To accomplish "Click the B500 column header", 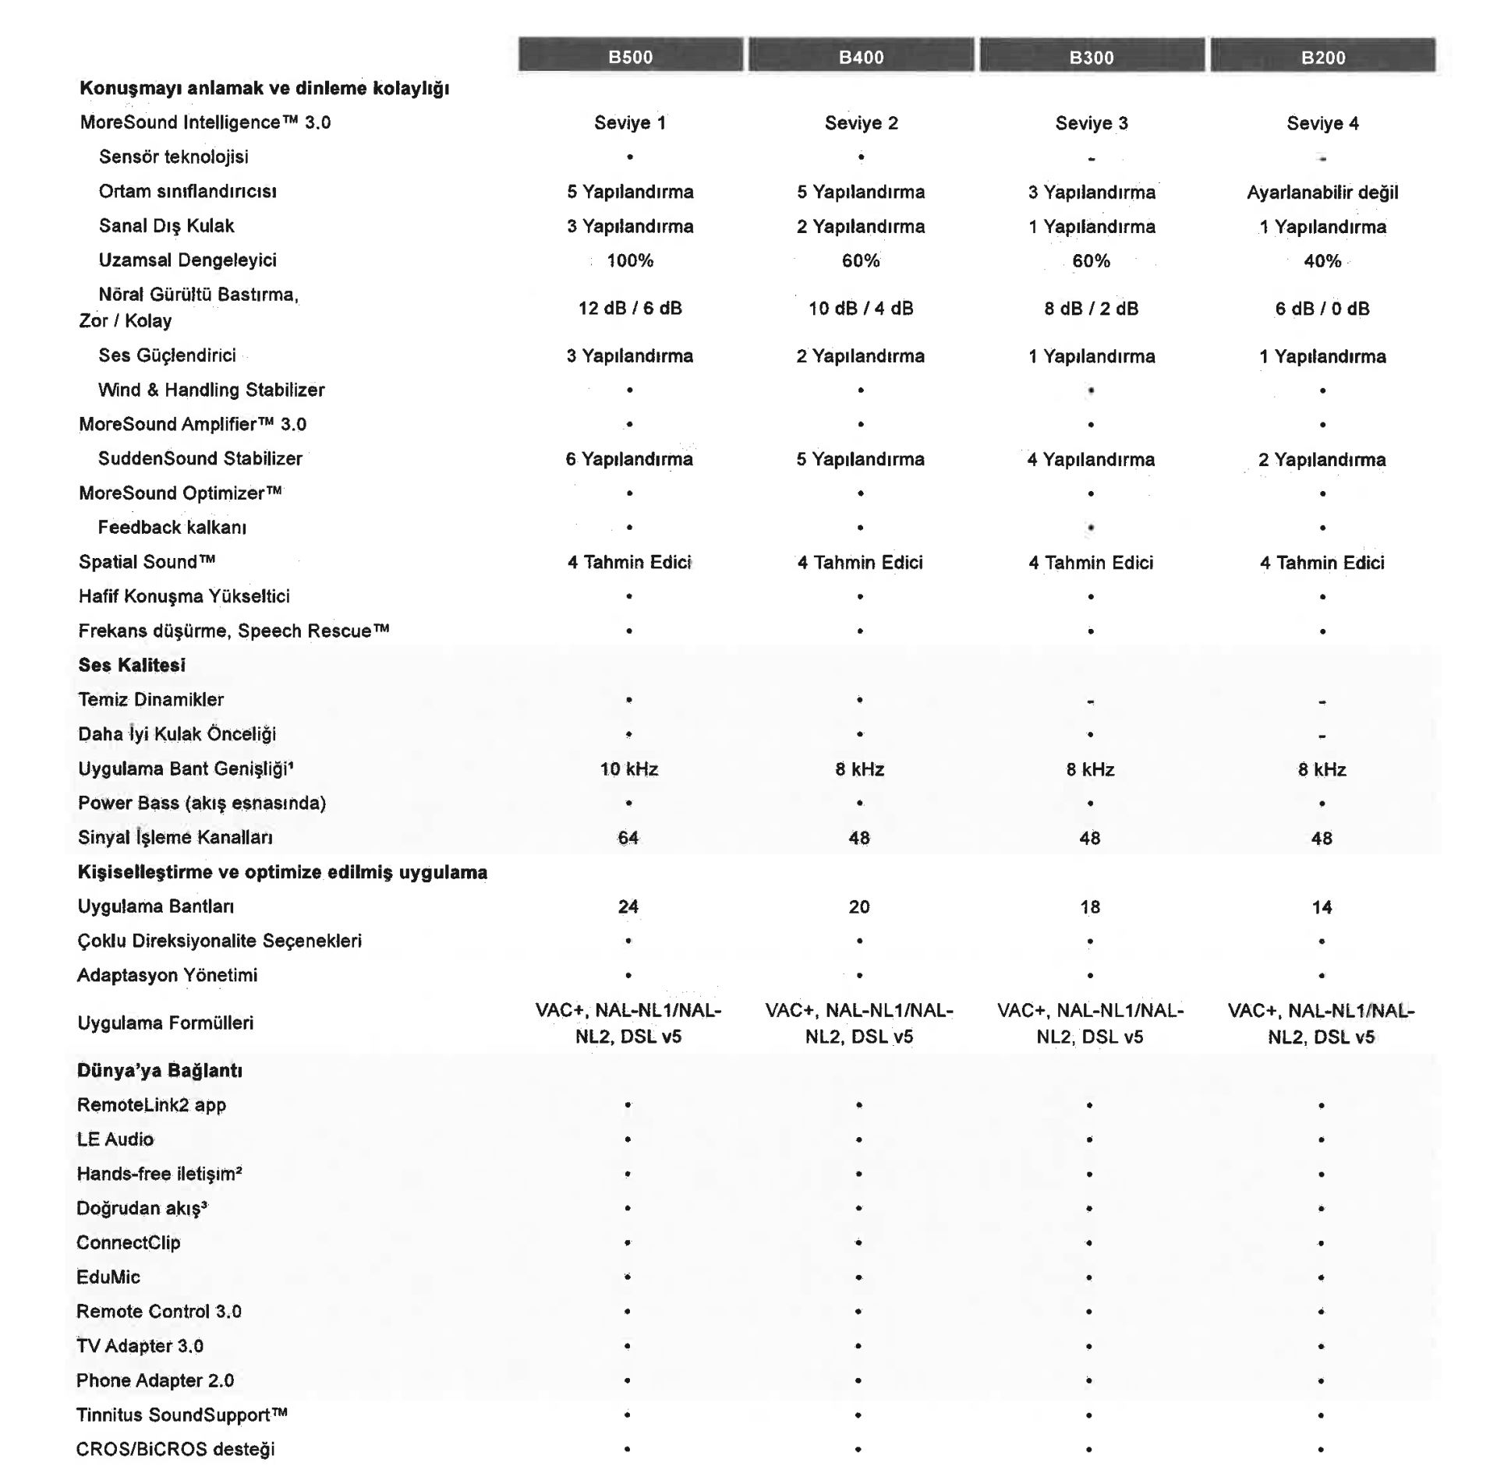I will (x=630, y=56).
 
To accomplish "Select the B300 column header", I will (x=1092, y=56).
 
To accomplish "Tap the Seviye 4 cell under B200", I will (x=1322, y=123).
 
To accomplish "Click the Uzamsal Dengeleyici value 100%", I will (x=630, y=260).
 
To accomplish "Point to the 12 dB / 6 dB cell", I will (x=630, y=308).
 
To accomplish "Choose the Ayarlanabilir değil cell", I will (x=1322, y=192).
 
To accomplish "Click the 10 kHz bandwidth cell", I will (x=629, y=769).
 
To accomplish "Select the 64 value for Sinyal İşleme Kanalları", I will (x=628, y=838).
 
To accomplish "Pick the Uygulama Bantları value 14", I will (x=1322, y=907).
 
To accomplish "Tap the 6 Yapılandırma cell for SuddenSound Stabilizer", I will (x=629, y=459).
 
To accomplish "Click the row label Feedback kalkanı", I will (x=172, y=528).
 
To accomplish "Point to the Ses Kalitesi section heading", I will (x=132, y=665).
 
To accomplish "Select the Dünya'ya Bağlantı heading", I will (x=159, y=1070).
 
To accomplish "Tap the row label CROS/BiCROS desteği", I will (x=175, y=1449).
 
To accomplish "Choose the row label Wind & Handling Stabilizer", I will (x=211, y=390).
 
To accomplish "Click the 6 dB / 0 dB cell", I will (x=1322, y=309).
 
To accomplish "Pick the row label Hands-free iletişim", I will (x=159, y=1174).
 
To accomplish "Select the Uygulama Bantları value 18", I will (x=1090, y=907).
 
